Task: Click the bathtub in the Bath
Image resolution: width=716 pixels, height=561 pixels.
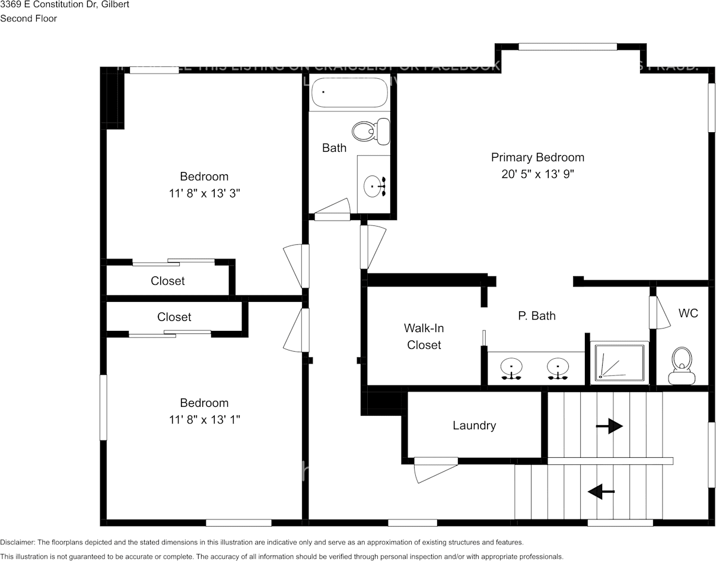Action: [x=349, y=93]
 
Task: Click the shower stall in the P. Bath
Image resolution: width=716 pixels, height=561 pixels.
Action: [x=619, y=362]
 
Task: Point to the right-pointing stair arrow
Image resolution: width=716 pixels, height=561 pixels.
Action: [x=609, y=426]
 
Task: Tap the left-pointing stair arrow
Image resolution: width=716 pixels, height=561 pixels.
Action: [x=601, y=492]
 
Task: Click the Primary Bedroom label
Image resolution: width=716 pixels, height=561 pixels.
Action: [x=537, y=157]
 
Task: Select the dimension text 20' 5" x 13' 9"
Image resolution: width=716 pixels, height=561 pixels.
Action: [x=537, y=174]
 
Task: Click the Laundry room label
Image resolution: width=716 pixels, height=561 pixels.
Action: [x=474, y=425]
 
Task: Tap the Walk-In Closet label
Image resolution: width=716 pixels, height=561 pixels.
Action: [x=424, y=336]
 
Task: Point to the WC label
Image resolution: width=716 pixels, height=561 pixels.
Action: [x=688, y=313]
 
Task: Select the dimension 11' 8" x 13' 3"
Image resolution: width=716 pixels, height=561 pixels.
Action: [x=204, y=193]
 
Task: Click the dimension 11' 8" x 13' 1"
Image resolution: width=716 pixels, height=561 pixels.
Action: [x=204, y=420]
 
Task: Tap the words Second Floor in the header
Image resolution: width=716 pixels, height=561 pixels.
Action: [x=28, y=18]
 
